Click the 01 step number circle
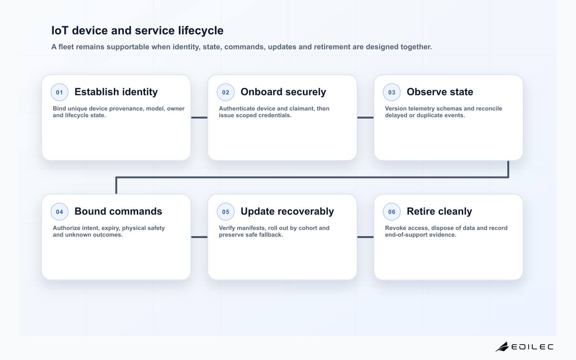coord(60,92)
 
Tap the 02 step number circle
coord(226,92)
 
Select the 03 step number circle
coord(392,92)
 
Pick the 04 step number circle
coord(60,212)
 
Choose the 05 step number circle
coord(226,212)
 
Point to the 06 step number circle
coord(392,212)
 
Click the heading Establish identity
coord(116,92)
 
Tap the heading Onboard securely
coord(283,92)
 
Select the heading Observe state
coord(440,92)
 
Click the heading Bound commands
coord(118,211)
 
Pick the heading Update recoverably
coord(287,211)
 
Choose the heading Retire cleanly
coord(439,211)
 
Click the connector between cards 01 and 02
coord(199,118)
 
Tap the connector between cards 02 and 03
coord(365,118)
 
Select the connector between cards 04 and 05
coord(199,237)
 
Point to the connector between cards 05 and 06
coord(365,237)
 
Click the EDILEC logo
coord(524,347)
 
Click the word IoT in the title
coord(60,30)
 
